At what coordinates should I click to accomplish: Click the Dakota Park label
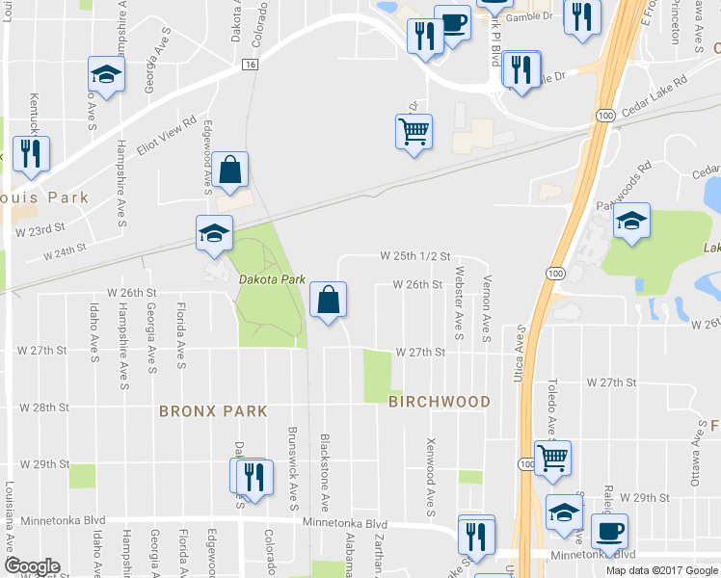272,279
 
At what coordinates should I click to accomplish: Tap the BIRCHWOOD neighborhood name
440,402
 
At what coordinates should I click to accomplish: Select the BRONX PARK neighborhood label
213,411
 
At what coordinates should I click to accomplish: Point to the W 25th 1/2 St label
415,256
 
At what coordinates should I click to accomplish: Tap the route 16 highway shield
250,64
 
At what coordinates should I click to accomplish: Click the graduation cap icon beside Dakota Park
214,231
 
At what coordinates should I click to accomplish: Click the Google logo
31,566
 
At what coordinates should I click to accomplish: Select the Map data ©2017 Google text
660,569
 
